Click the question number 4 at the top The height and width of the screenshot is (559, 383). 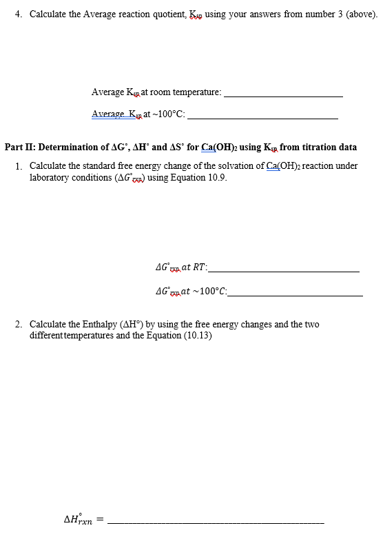[17, 14]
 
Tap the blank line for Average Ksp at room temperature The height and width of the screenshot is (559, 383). [283, 95]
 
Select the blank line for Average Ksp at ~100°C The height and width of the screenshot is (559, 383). [262, 118]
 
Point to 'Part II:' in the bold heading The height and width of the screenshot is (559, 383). [21, 147]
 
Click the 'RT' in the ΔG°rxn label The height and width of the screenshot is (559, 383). [200, 267]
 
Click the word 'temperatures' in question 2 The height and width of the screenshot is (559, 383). [93, 335]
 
